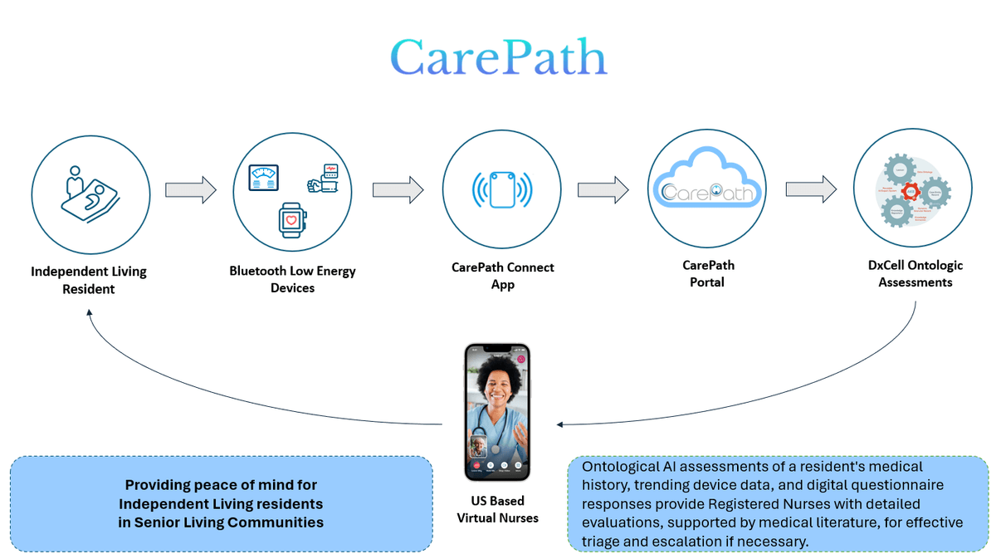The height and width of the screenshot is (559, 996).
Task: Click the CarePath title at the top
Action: pos(498,58)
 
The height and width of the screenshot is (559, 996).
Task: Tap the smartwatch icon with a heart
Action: pos(291,221)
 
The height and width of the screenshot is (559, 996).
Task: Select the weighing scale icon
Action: pos(265,176)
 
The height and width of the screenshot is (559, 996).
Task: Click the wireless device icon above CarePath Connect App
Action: pos(501,190)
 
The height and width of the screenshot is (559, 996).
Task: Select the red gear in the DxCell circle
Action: pos(911,192)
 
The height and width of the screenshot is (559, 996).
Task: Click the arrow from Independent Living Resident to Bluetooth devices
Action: pos(190,190)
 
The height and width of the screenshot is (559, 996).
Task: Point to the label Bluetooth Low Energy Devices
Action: pos(292,279)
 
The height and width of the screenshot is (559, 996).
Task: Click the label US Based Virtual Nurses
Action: pos(497,509)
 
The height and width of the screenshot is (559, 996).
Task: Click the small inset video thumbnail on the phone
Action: pos(478,446)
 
